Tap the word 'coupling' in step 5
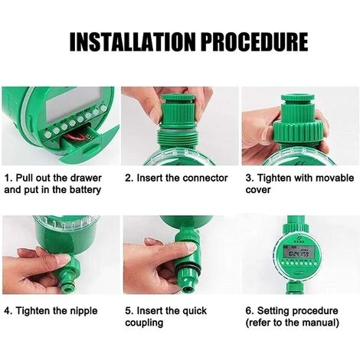(144, 323)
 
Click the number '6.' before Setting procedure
(250, 311)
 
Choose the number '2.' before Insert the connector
(129, 178)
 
